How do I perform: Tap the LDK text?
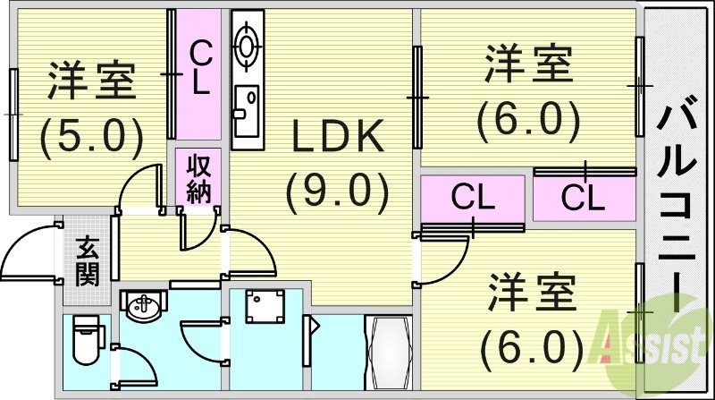tap(338, 136)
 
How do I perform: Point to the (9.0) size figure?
tap(338, 189)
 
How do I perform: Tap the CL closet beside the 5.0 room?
tap(199, 71)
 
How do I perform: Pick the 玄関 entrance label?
tap(87, 260)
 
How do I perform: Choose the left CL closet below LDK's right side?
tap(473, 197)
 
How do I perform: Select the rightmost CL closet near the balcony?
tap(584, 198)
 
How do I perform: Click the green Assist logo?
tap(657, 340)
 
